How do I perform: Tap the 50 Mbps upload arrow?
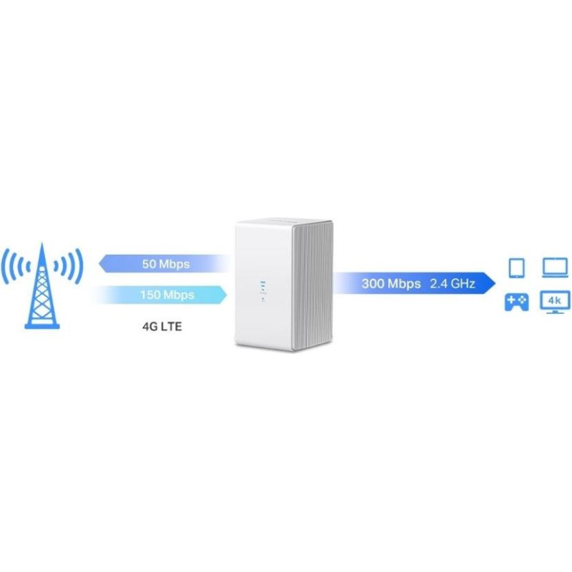(x=165, y=264)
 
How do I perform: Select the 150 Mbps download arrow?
(x=160, y=295)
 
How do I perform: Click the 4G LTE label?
(x=162, y=326)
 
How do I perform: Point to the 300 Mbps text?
(x=391, y=283)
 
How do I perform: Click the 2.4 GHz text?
(x=453, y=283)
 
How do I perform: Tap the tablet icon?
(x=516, y=267)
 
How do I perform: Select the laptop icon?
(x=555, y=267)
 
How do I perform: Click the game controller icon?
(x=516, y=302)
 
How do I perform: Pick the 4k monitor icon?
(x=555, y=302)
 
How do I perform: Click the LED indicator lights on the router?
(x=262, y=292)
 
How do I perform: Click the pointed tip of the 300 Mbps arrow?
(x=495, y=283)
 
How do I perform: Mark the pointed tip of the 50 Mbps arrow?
(x=99, y=264)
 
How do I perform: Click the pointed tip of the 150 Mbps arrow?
(x=227, y=295)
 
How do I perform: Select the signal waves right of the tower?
(x=69, y=267)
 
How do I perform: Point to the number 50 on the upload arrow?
(x=149, y=264)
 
